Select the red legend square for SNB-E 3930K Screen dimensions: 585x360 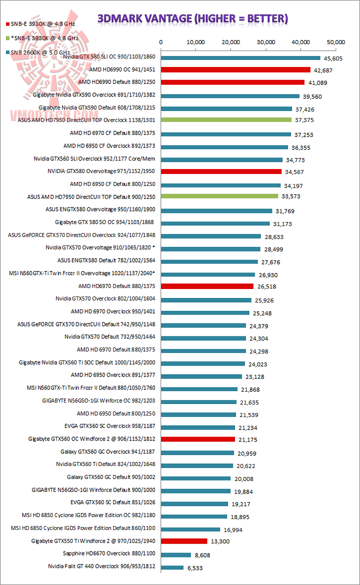point(7,23)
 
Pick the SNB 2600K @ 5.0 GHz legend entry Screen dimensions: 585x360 point(40,51)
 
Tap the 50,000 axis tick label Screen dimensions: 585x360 point(335,42)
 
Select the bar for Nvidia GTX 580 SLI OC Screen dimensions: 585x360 point(240,58)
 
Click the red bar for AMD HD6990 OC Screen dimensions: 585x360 point(235,70)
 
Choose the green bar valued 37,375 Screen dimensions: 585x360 point(225,120)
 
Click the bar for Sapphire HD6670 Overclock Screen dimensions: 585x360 point(175,554)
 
